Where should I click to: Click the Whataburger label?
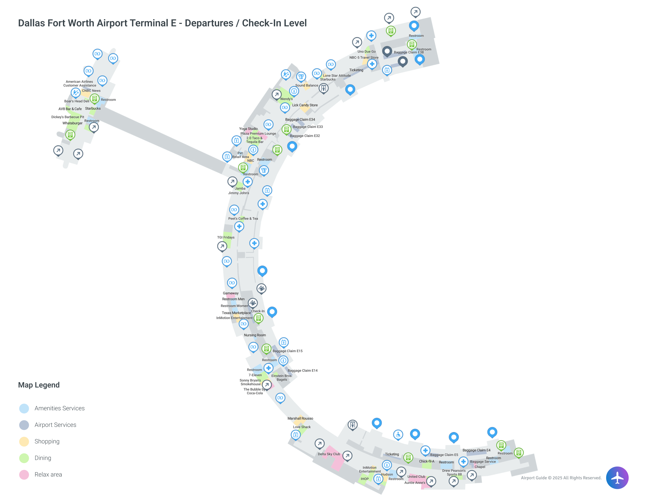(72, 123)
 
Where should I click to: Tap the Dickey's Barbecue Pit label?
(67, 117)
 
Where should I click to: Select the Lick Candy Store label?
(305, 105)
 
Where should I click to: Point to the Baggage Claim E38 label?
(409, 52)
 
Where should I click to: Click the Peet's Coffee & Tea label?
(243, 218)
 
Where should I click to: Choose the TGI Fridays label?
(226, 237)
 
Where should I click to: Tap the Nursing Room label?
(255, 335)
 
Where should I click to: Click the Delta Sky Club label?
(329, 454)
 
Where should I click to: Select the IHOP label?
(364, 479)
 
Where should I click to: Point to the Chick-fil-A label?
(426, 461)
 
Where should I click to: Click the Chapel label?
(480, 467)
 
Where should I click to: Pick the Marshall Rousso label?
(300, 418)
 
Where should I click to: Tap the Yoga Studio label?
(248, 129)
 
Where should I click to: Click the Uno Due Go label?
(366, 51)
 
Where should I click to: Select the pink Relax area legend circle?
(24, 474)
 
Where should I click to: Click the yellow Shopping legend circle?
(24, 441)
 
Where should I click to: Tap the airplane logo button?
(617, 477)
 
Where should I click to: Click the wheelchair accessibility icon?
(398, 435)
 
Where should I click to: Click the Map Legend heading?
(39, 385)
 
